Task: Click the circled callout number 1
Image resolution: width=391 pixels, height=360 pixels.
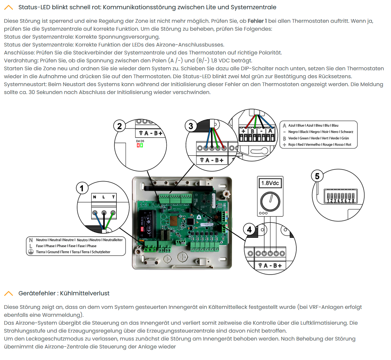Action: (82, 188)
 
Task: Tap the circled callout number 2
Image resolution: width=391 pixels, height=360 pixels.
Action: (119, 126)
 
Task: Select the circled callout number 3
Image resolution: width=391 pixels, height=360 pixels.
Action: (191, 126)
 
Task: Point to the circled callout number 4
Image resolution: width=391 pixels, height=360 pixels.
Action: (249, 229)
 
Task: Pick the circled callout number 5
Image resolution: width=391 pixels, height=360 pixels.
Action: (317, 176)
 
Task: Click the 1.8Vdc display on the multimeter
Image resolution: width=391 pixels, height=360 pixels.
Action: (270, 183)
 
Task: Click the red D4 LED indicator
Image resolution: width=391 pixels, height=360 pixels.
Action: (138, 145)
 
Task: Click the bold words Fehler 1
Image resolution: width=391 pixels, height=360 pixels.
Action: (257, 21)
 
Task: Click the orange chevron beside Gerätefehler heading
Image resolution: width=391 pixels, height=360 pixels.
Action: (9, 293)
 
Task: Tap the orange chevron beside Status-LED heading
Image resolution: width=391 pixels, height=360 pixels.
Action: (9, 7)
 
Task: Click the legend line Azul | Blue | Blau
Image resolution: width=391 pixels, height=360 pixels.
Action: (313, 125)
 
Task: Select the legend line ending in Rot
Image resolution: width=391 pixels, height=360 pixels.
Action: (319, 145)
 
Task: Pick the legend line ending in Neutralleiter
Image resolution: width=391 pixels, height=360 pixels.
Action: (79, 240)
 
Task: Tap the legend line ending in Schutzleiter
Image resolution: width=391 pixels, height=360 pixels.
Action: (73, 252)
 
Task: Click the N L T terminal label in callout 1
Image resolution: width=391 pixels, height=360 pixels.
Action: (104, 197)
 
